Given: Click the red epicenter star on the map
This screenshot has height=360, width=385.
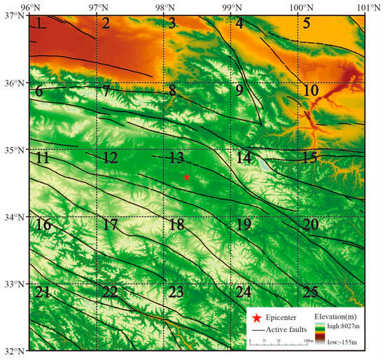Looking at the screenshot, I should point(187,177).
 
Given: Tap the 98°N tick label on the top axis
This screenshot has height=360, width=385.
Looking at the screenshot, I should point(164,6).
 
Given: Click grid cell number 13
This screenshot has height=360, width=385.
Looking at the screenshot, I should point(176,158).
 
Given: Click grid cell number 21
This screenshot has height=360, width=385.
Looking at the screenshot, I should point(42,292).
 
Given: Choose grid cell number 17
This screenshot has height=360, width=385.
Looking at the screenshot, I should point(109,226).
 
